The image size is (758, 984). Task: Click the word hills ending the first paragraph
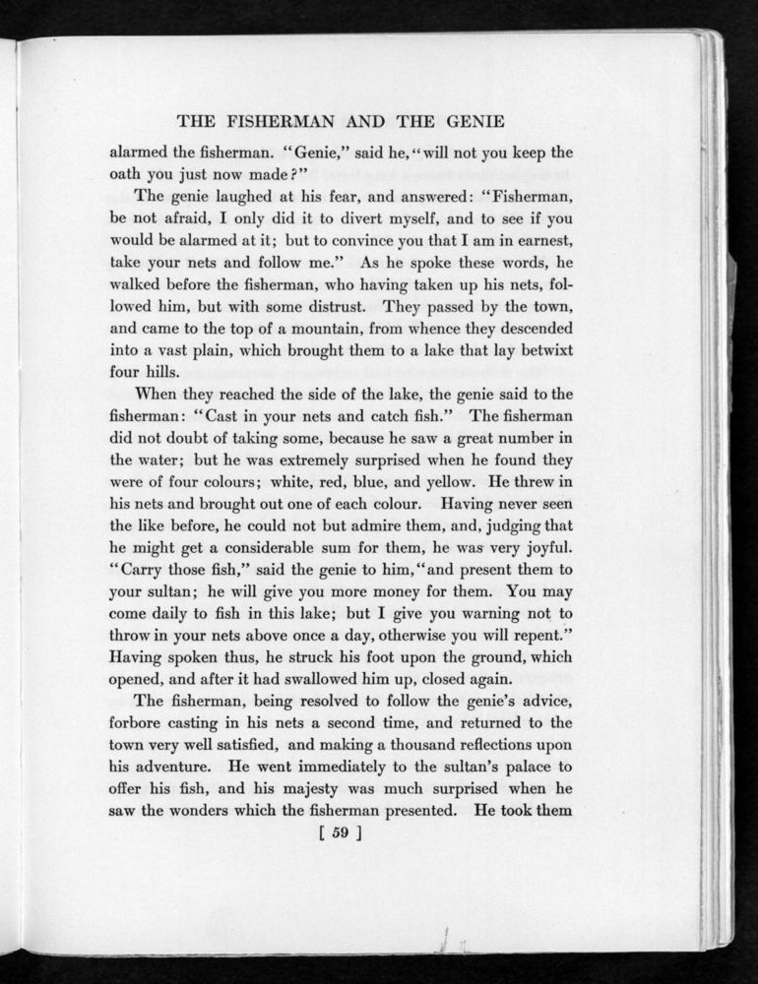[163, 373]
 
